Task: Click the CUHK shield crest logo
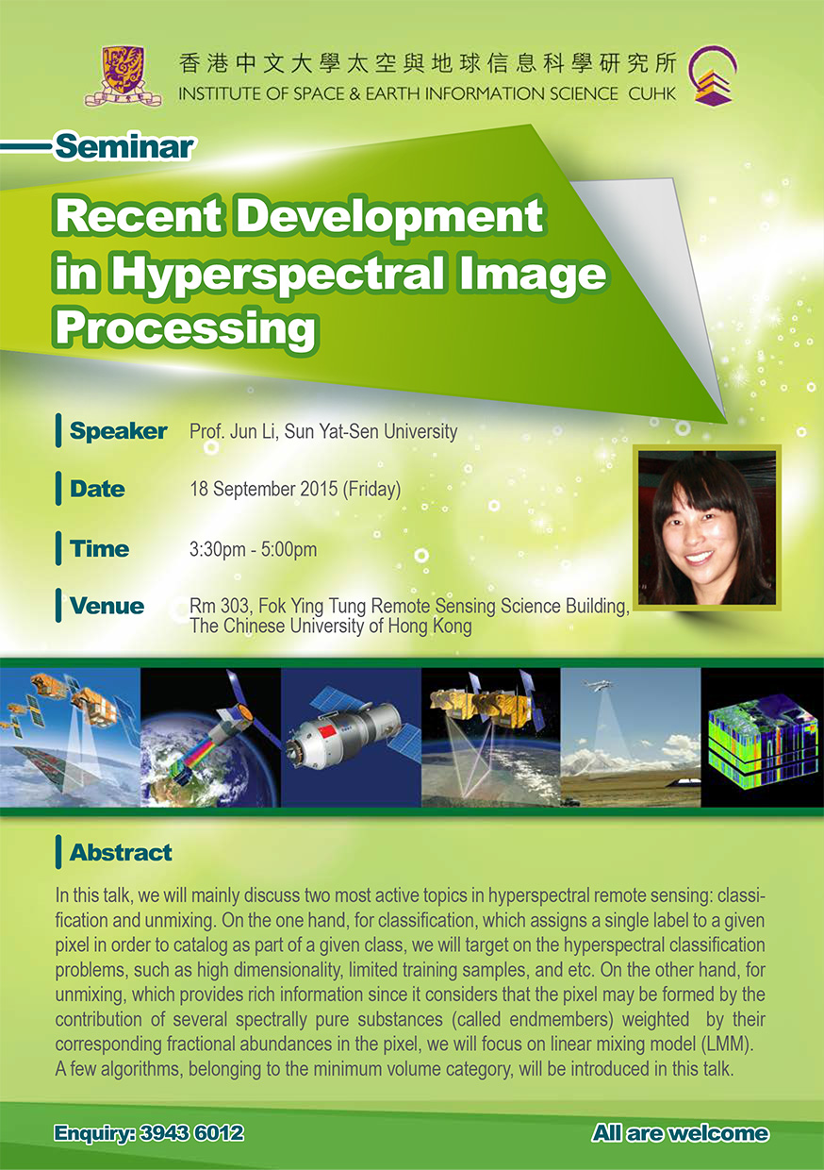point(124,75)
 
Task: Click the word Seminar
point(124,147)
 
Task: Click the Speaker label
point(119,431)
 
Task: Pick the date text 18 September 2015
point(264,489)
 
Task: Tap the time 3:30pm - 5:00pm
point(253,549)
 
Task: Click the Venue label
point(107,606)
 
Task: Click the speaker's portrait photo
point(706,527)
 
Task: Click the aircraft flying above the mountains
point(597,685)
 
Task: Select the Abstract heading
point(121,852)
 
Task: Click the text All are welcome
point(681,1133)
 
